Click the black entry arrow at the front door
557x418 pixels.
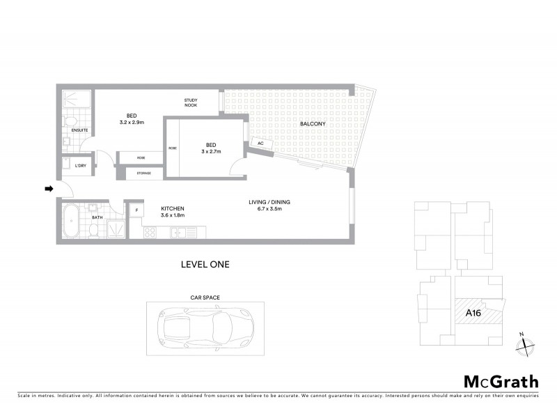[x=48, y=189]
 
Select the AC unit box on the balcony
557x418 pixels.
[x=260, y=143]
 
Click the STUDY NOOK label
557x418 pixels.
[x=191, y=102]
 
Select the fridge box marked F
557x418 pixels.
[x=136, y=209]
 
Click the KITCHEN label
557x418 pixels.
[x=173, y=208]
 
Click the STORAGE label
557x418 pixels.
[x=143, y=173]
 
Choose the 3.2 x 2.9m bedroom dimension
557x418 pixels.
[x=132, y=123]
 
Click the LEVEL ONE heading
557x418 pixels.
[x=205, y=264]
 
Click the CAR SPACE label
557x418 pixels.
[x=205, y=297]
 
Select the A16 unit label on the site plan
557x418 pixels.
[x=473, y=313]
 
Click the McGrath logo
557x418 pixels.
[x=501, y=381]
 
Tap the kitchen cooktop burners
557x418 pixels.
[x=150, y=232]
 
